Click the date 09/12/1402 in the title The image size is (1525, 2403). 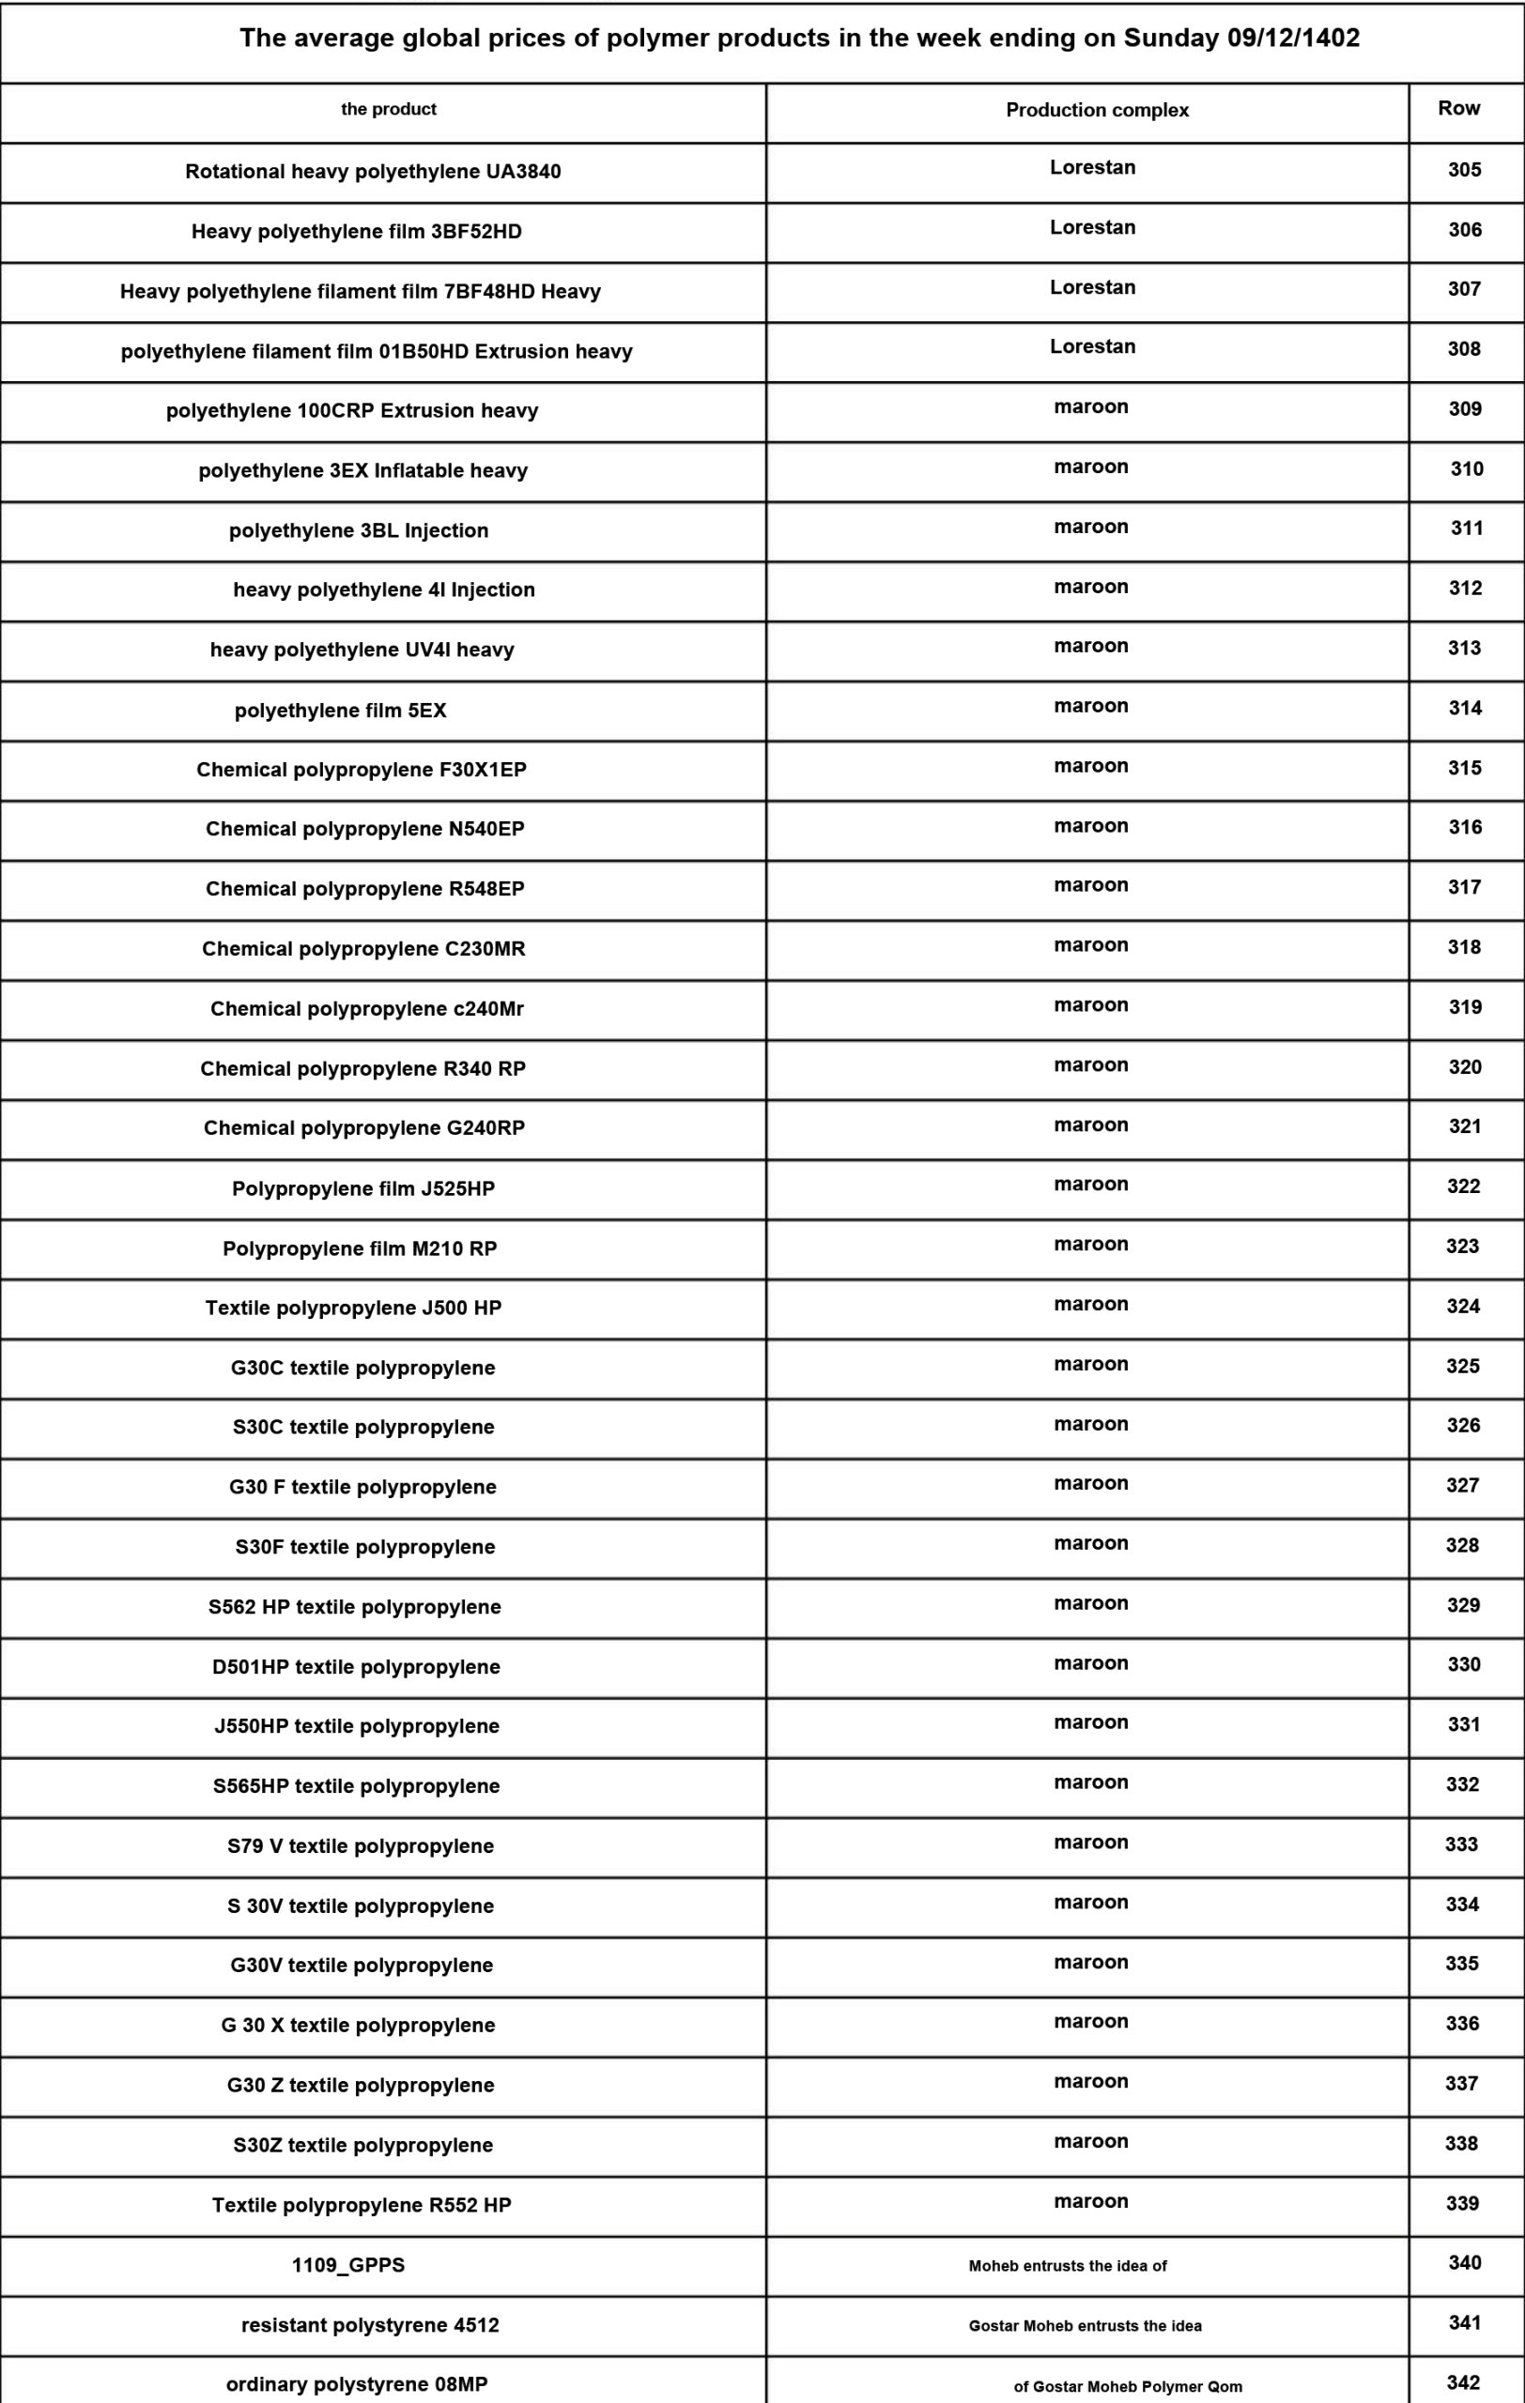1292,38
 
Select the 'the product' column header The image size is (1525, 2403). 388,110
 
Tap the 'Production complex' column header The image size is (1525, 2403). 1097,111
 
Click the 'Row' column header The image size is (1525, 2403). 1458,109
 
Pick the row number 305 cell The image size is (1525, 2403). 1464,171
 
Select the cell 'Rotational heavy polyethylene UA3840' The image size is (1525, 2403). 373,172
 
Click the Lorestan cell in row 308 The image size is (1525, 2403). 1092,347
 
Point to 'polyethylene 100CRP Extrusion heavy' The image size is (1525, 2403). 352,411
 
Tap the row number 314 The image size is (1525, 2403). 1464,709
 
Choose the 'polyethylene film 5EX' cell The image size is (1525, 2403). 340,711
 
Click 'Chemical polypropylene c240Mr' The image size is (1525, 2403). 366,1009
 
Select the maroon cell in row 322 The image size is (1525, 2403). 1091,1185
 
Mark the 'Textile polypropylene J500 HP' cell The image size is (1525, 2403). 353,1309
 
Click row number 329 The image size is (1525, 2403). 1463,1606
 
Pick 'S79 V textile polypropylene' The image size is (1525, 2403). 361,1846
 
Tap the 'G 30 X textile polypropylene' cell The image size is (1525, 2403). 359,2026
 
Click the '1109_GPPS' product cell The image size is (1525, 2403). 348,2265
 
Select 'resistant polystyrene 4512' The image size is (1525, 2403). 370,2325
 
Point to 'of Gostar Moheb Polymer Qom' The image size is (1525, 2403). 1128,2387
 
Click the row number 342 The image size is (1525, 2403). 1463,2383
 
